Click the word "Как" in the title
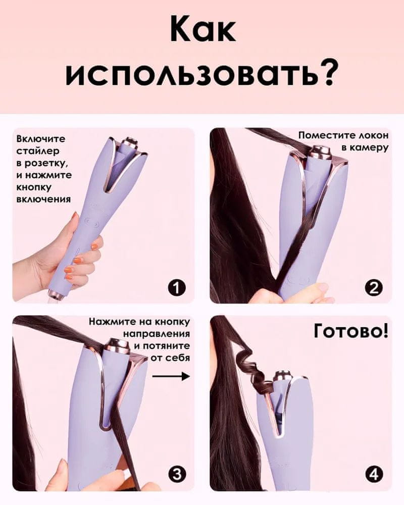(x=204, y=28)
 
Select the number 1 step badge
(x=176, y=287)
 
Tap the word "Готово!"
(x=351, y=332)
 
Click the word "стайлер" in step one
(x=38, y=151)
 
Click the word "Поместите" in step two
(x=323, y=135)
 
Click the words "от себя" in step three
(x=171, y=358)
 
